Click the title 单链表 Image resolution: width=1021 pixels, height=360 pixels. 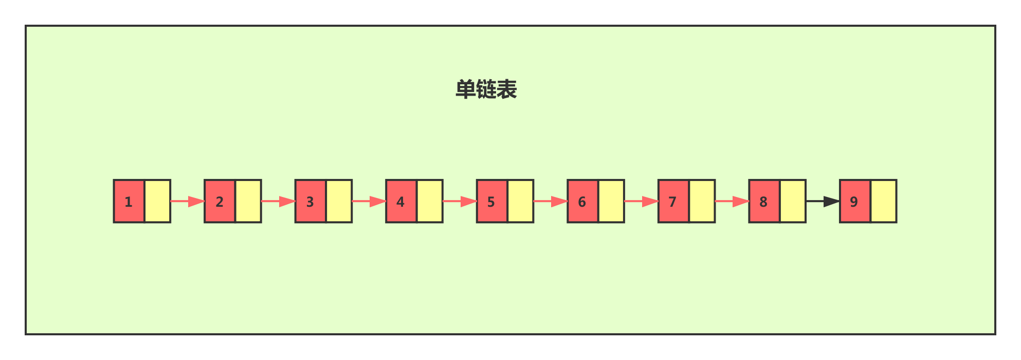point(486,89)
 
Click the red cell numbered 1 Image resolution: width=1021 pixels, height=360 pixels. point(129,201)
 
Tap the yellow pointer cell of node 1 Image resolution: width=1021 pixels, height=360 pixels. point(157,201)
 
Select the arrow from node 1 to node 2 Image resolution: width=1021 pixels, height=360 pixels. point(187,201)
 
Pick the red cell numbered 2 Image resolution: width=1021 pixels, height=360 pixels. point(220,201)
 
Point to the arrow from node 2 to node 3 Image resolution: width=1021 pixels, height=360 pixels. point(278,201)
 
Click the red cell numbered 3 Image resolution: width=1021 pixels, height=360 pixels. point(311,201)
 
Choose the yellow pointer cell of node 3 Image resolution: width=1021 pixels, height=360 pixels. point(339,201)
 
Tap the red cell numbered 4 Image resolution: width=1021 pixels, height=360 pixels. point(401,201)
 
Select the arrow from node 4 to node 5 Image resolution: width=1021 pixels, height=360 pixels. point(460,201)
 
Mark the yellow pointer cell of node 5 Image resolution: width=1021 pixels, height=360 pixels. point(520,201)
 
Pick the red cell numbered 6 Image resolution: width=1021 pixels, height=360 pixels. point(582,201)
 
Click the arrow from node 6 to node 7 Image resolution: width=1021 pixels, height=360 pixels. point(641,201)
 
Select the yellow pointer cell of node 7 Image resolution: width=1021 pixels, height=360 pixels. point(702,201)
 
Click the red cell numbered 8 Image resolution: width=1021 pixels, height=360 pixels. point(764,201)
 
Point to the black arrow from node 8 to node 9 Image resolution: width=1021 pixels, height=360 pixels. point(823,201)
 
